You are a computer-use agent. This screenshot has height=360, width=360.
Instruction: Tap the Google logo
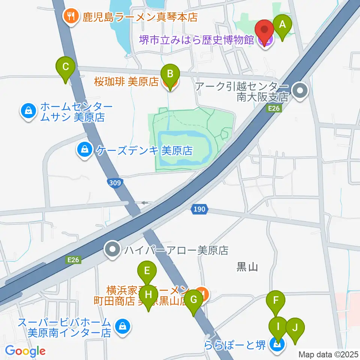click(x=25, y=351)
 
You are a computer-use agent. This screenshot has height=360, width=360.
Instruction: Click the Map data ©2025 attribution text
click(x=328, y=354)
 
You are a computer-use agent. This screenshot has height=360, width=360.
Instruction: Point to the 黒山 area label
click(x=247, y=267)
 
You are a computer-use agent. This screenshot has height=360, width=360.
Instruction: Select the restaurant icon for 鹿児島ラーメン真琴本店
click(x=70, y=16)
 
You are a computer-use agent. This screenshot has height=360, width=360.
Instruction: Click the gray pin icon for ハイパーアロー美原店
click(x=112, y=250)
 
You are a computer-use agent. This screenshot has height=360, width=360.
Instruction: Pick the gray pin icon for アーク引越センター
click(x=300, y=91)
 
